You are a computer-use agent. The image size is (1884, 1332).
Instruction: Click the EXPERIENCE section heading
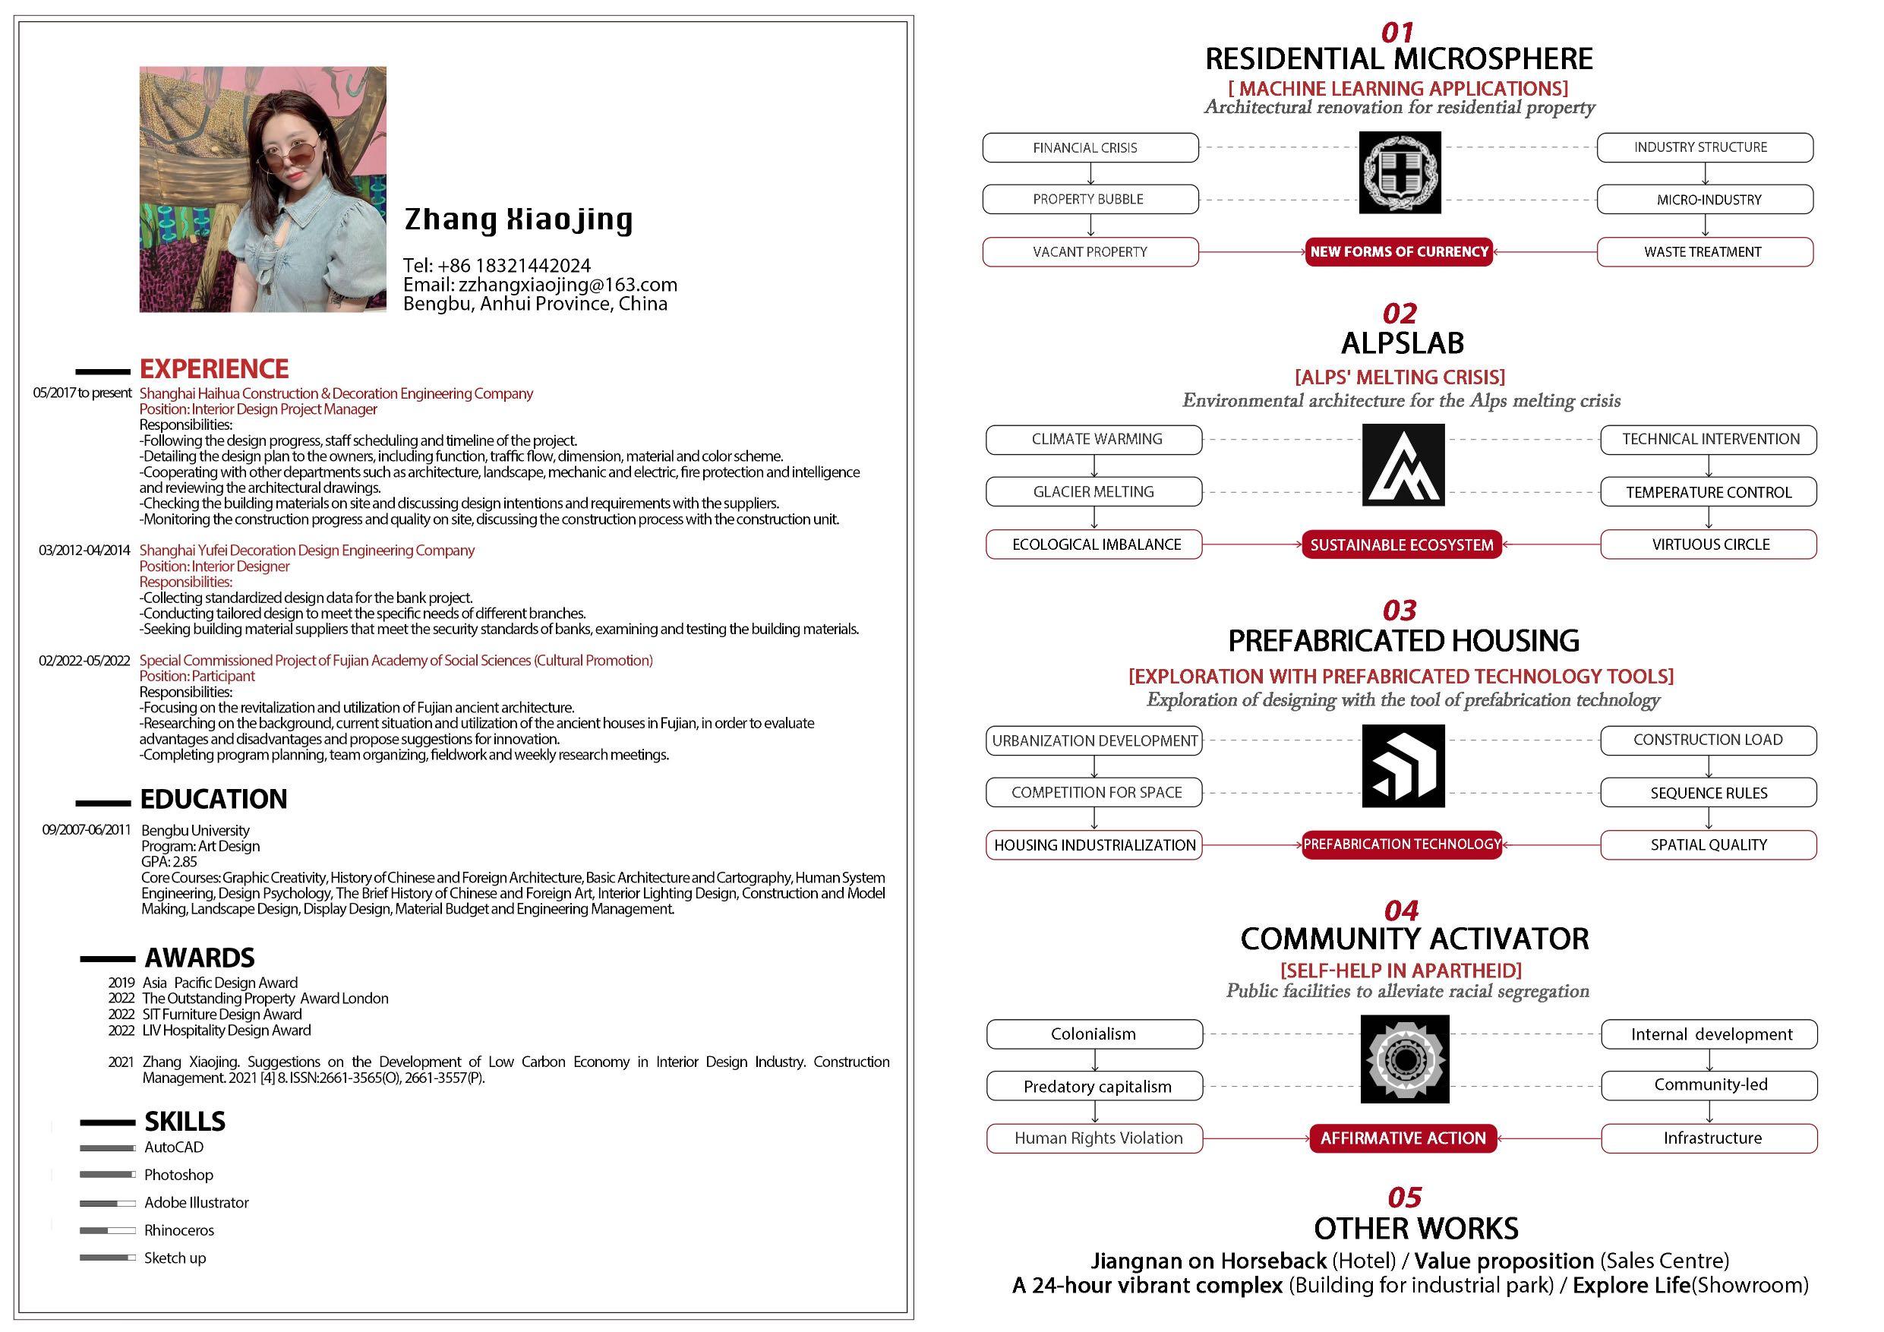[x=213, y=368]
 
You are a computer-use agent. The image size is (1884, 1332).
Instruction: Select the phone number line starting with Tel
[x=497, y=265]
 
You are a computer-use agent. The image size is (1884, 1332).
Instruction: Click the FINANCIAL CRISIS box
[x=1090, y=148]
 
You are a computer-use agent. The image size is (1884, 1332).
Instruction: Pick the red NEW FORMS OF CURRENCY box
[x=1399, y=252]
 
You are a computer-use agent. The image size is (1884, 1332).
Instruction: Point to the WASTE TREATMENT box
[x=1704, y=252]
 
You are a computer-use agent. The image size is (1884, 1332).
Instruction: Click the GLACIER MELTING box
[x=1093, y=491]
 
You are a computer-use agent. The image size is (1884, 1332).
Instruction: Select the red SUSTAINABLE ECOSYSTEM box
[x=1402, y=545]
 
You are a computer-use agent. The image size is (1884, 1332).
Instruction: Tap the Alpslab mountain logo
[x=1403, y=466]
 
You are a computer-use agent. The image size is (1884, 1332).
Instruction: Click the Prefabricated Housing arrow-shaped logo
[x=1403, y=765]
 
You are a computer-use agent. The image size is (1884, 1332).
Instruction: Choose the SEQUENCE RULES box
[x=1708, y=793]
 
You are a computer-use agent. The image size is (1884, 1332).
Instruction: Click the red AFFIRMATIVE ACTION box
[x=1403, y=1138]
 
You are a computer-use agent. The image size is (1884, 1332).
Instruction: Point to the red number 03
[x=1399, y=611]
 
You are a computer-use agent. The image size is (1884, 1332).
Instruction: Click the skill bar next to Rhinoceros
[x=108, y=1230]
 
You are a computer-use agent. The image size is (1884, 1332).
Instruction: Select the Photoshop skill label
[x=178, y=1175]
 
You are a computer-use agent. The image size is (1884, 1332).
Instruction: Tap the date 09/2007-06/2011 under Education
[x=86, y=830]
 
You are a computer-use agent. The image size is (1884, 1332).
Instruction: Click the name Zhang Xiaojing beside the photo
[x=518, y=219]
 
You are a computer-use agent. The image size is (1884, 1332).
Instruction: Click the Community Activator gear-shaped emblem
[x=1404, y=1059]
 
